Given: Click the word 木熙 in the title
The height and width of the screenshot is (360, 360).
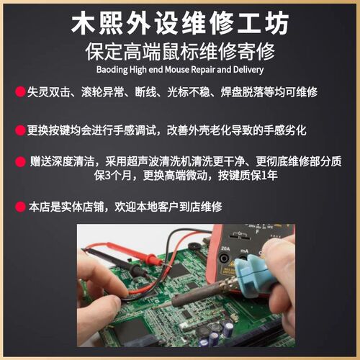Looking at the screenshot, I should point(100,24).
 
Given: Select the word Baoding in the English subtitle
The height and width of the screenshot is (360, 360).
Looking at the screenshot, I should point(113,70).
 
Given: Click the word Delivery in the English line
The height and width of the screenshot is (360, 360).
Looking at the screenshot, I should point(248,70).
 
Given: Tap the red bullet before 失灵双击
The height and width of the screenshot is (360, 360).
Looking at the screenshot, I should point(19,92).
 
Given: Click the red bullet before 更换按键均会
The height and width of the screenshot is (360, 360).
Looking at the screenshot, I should point(19,130).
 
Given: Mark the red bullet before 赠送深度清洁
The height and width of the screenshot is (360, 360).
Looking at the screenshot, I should point(19,161).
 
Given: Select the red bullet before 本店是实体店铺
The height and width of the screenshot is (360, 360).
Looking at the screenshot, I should point(19,207).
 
